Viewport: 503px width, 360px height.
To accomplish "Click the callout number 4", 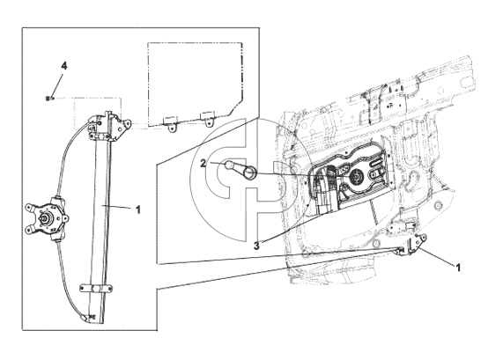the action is [64, 66].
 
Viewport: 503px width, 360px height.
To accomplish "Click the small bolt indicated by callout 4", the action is [48, 98].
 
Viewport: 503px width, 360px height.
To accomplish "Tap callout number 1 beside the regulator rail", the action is [138, 210].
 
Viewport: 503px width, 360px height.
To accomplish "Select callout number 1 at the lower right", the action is [458, 268].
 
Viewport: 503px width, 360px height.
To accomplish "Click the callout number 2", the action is [203, 164].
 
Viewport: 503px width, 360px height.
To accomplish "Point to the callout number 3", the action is [256, 246].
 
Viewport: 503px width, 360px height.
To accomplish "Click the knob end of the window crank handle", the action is [230, 165].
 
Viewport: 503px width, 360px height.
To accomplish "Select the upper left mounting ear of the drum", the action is [31, 208].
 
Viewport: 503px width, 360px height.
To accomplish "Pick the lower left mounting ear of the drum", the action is [30, 230].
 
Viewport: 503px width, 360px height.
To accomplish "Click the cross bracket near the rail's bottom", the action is [96, 288].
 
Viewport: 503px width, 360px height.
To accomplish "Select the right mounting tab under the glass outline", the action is [207, 118].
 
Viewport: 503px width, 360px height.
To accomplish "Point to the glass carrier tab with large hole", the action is [126, 123].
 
